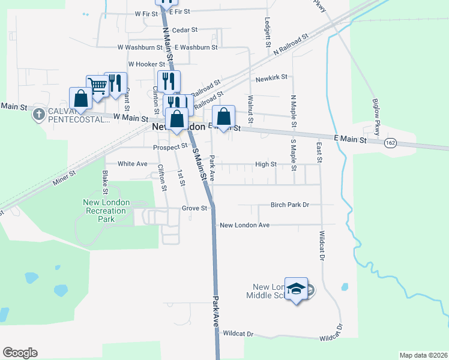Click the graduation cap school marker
tap(296, 289)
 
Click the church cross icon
tap(39, 113)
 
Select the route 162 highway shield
tap(391, 142)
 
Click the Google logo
tap(20, 353)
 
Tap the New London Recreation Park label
tap(106, 211)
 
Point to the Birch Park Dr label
tap(289, 205)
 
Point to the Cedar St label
tap(184, 29)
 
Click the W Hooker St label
tap(146, 64)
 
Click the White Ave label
tap(133, 164)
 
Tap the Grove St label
tap(194, 209)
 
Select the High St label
tap(265, 164)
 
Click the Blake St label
tap(105, 182)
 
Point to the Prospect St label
tap(170, 146)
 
